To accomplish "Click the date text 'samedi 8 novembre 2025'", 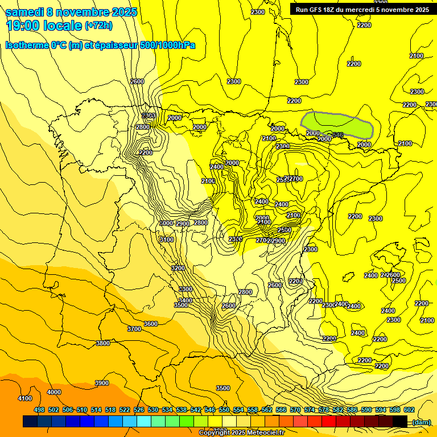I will coord(71,12).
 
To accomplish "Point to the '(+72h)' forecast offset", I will coord(98,26).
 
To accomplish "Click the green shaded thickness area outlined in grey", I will coord(336,124).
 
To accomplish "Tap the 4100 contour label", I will coord(25,398).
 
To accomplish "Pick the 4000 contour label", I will coord(54,392).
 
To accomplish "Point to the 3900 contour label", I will coord(101,383).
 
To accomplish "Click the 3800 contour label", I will coord(103,343).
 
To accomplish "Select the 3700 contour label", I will coord(134,329).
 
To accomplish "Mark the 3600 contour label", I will coord(151,324).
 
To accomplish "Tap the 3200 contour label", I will coord(178,268).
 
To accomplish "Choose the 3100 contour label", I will coord(167,240).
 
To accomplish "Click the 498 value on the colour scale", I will coord(39,410).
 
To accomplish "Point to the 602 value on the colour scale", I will coord(409,410).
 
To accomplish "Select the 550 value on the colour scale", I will coord(224,410).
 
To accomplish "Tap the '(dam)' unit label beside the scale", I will coord(421,422).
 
